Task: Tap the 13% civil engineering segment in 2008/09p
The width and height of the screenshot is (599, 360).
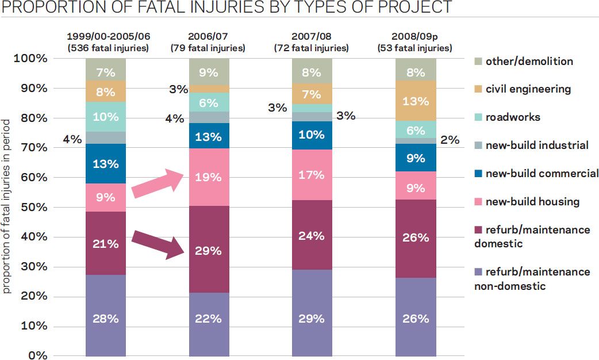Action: point(416,101)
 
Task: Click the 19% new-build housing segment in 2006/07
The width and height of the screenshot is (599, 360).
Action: point(209,177)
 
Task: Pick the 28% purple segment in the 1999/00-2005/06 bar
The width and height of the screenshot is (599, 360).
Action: point(106,318)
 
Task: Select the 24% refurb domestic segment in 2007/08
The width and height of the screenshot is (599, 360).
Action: point(312,236)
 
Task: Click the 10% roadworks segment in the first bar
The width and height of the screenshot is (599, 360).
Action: point(106,116)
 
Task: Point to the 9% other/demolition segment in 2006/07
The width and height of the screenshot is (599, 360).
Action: point(209,72)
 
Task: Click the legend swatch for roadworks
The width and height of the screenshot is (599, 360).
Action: point(479,117)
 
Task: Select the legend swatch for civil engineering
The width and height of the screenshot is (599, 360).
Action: point(479,89)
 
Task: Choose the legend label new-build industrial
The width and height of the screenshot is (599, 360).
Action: point(537,145)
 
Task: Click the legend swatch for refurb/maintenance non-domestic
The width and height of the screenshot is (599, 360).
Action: point(479,272)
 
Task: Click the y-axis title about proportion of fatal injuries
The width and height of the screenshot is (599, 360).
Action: point(7,207)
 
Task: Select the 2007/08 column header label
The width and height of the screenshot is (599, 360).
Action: point(312,36)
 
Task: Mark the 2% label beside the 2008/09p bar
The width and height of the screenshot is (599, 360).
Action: point(450,140)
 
